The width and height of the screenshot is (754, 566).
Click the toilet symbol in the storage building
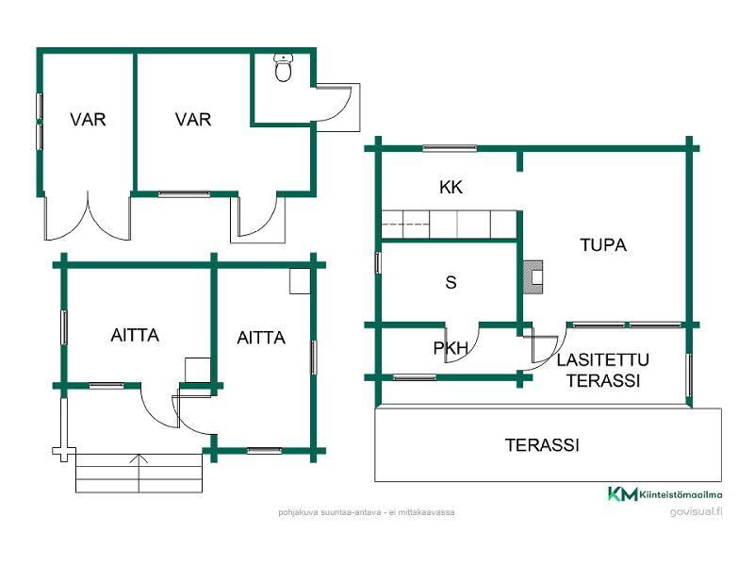coord(284,67)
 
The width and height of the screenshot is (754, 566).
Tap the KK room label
coord(451,187)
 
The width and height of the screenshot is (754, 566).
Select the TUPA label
coord(603,245)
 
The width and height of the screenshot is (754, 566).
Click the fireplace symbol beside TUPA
coord(533,277)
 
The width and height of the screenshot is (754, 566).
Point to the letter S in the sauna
coord(451,282)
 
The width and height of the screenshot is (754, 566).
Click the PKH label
coord(451,348)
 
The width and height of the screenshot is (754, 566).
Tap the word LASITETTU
coord(603,360)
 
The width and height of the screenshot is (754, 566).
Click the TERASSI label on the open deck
coord(542,445)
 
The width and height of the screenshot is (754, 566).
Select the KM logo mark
coord(623,493)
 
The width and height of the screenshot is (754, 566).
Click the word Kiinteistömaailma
coord(680,494)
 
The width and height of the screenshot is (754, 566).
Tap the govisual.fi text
coord(697,511)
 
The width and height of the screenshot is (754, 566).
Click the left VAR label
coord(88,120)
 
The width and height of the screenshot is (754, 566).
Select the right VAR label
coord(193,120)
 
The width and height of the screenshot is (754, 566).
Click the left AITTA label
coord(135,335)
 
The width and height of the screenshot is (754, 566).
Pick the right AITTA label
coord(261,338)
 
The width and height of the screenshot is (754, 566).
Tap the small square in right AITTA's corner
coord(300,281)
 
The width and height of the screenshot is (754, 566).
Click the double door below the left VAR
coord(88,217)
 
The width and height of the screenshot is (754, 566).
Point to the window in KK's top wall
coord(450,148)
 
